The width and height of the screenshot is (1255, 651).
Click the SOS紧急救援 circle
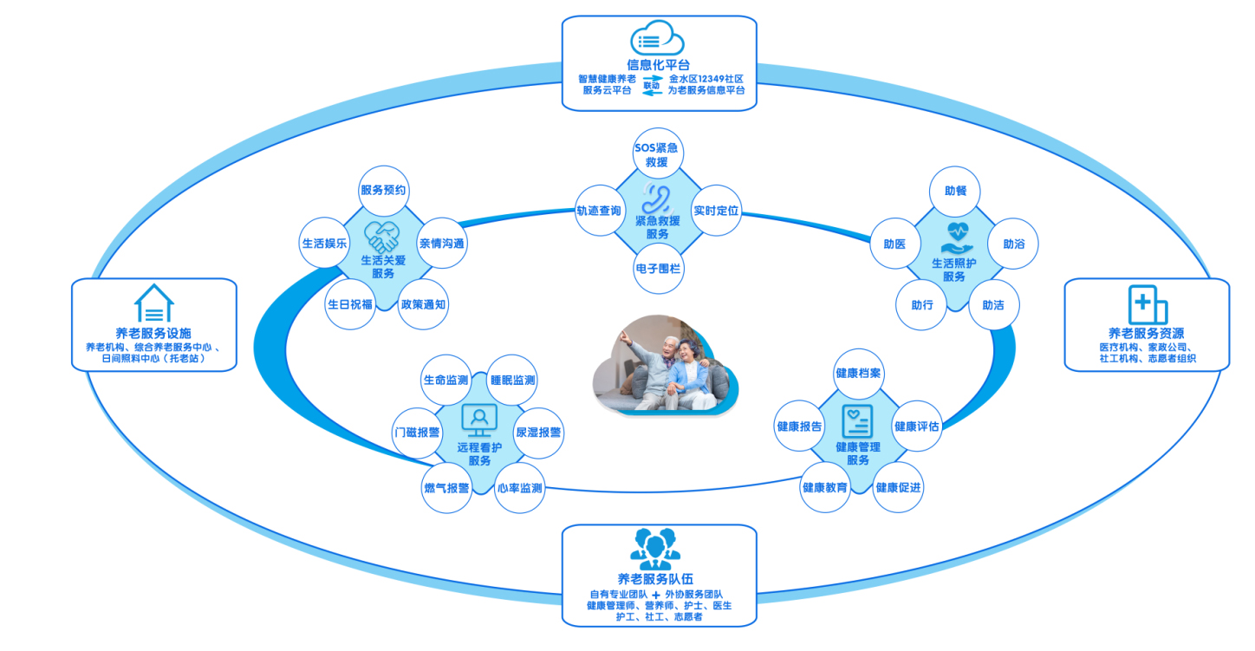[x=657, y=154]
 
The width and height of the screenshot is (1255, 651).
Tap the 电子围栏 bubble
[x=658, y=269]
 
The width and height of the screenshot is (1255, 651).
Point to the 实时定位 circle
[x=716, y=211]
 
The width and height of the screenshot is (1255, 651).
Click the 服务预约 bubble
[x=383, y=190]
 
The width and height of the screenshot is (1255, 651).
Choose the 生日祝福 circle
[x=350, y=304]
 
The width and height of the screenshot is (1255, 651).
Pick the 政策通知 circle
[x=424, y=304]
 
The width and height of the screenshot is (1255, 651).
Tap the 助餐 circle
[x=955, y=190]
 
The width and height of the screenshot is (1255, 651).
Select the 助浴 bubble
[x=1013, y=244]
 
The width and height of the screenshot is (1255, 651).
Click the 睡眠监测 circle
[x=513, y=380]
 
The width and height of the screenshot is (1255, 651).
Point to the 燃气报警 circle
[x=446, y=488]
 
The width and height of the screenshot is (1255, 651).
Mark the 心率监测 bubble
[x=520, y=488]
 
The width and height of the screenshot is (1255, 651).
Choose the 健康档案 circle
[x=858, y=373]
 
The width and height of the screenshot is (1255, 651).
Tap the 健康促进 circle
[x=899, y=487]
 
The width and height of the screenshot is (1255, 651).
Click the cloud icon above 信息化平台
[x=657, y=40]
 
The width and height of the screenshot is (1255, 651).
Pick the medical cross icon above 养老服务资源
[x=1147, y=304]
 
